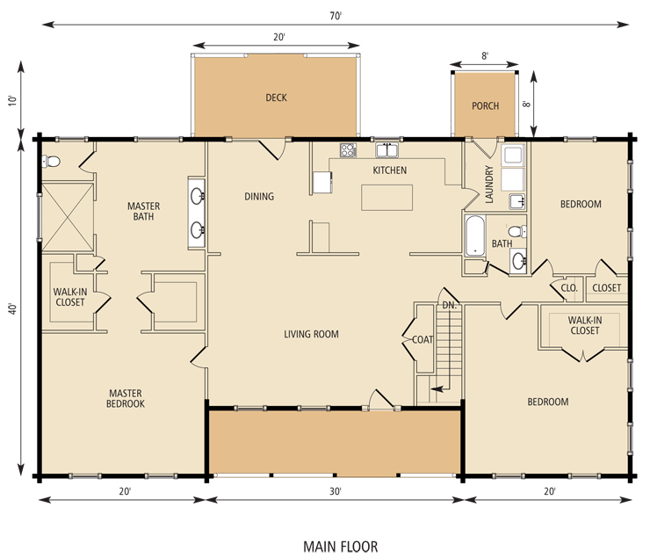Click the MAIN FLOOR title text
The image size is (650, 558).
[340, 547]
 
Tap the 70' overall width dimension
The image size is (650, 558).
[336, 16]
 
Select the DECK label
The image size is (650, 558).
[276, 98]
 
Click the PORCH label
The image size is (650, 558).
[485, 105]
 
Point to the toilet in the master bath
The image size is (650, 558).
[51, 161]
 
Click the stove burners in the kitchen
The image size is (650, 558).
[348, 150]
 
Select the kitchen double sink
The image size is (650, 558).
[386, 150]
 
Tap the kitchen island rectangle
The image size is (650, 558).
[386, 198]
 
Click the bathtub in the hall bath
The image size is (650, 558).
[475, 235]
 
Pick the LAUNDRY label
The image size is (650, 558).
[489, 184]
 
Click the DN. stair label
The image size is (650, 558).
[449, 306]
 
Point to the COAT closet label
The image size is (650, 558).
[422, 339]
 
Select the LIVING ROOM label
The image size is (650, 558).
[311, 334]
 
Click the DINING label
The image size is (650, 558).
[259, 196]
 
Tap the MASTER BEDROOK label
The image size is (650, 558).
[126, 398]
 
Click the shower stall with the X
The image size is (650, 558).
[68, 217]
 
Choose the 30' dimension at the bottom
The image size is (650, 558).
[336, 491]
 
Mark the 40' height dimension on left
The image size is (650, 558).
[13, 308]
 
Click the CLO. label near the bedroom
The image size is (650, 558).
[569, 287]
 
